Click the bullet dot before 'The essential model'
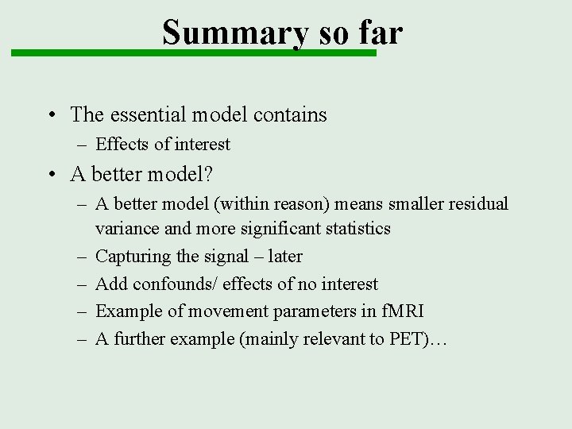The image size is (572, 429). (51, 115)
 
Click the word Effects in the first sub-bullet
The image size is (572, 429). (122, 145)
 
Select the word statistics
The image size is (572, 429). (351, 229)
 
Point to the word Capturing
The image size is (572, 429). (130, 257)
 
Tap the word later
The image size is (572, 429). (284, 257)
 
